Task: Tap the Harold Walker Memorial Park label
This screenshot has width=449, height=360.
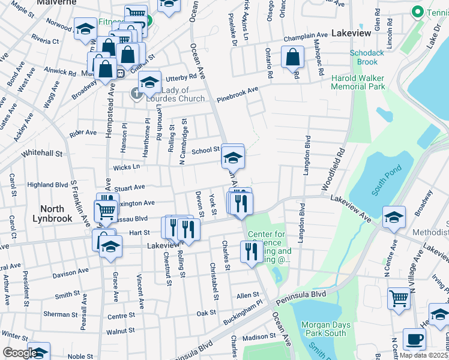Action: coord(358,82)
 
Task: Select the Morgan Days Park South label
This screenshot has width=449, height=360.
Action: coord(324,329)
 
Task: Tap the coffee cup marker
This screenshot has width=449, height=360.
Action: coord(414,338)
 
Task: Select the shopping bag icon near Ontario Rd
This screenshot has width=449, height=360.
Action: coord(292,58)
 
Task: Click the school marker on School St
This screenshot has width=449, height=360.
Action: coord(233,157)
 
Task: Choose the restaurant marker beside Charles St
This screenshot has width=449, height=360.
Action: coord(251,251)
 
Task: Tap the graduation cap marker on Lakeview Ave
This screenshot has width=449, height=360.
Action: coord(394,217)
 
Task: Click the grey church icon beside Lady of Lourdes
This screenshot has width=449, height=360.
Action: coord(137,93)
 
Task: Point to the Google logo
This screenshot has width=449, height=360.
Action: coord(19,353)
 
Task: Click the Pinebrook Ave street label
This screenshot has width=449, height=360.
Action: coord(238,94)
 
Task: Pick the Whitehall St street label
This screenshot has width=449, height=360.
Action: coord(42,154)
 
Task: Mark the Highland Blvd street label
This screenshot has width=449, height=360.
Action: coord(47,185)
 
